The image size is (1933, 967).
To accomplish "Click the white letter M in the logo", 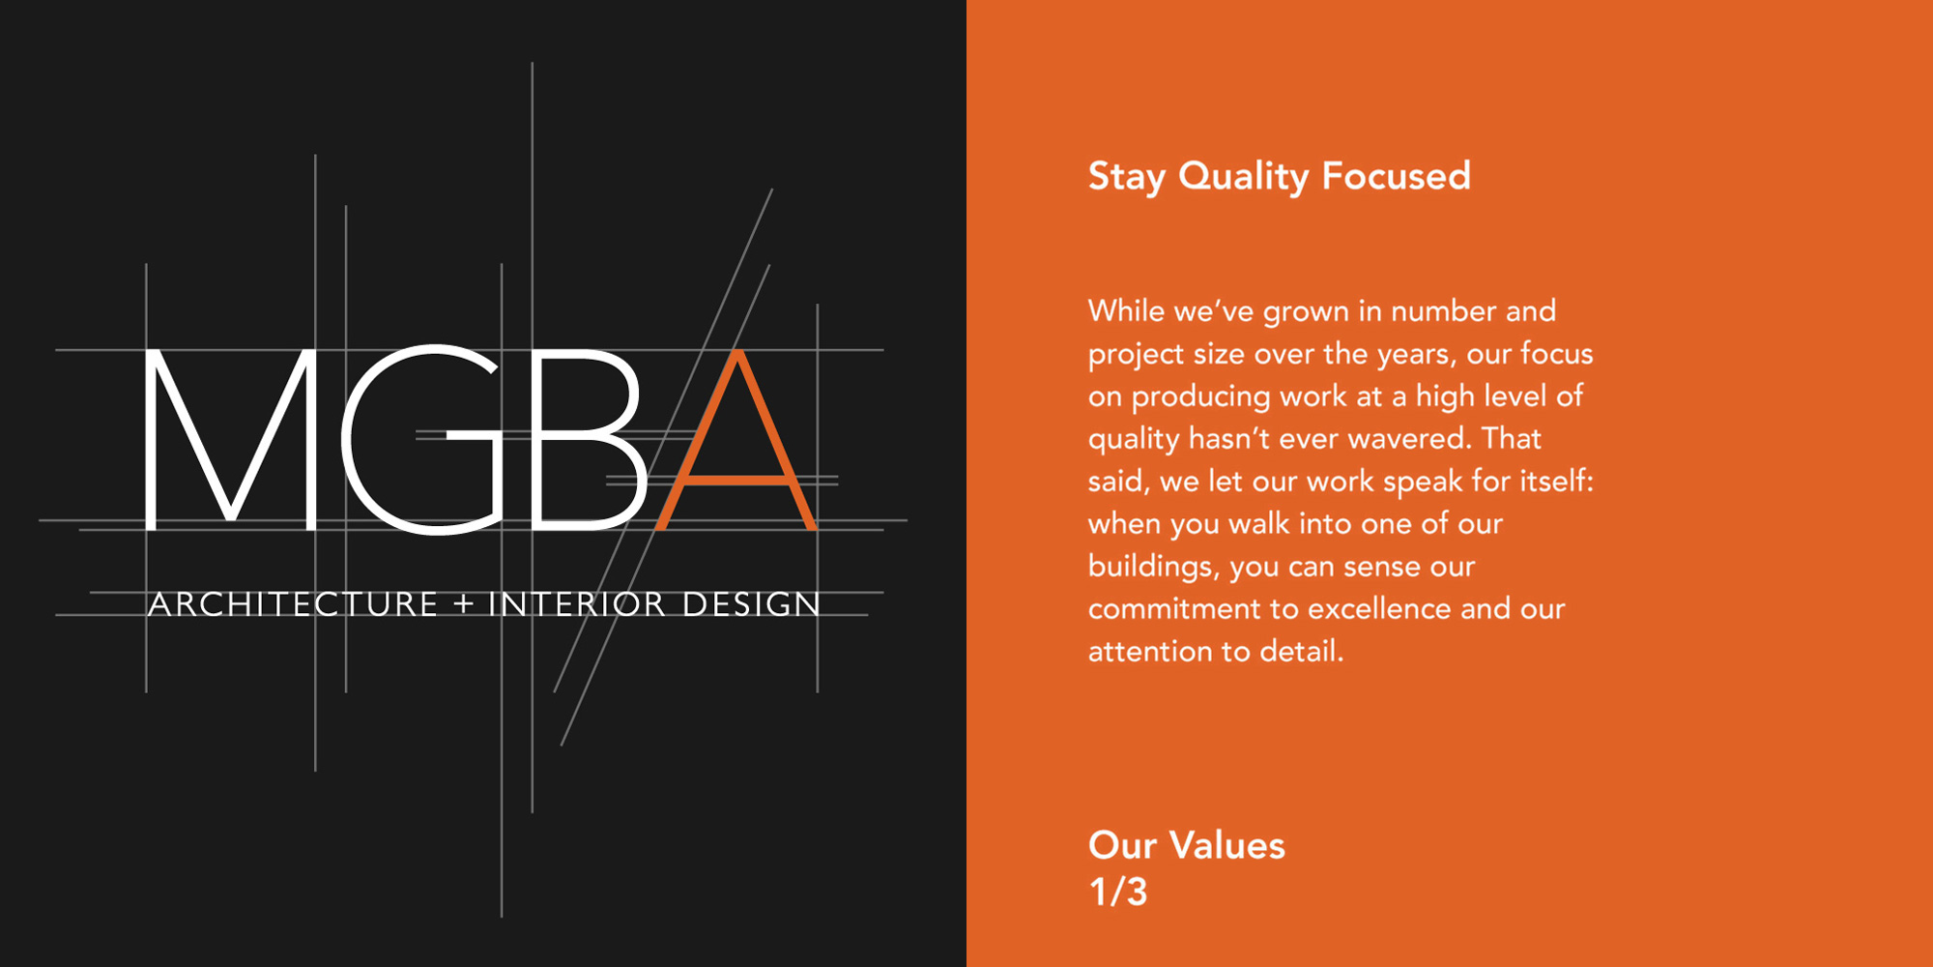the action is click(230, 440).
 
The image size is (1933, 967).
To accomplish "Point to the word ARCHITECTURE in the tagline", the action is click(294, 604).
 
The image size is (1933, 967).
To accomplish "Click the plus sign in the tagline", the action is click(464, 604).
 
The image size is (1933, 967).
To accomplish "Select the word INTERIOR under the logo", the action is click(577, 604).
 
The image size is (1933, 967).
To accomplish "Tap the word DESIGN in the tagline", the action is click(752, 604).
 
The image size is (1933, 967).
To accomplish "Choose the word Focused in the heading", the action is click(1397, 176).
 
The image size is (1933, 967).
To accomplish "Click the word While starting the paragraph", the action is click(1126, 310).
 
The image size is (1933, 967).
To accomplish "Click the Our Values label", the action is click(1187, 846).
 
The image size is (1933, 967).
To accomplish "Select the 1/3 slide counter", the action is click(1118, 892).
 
